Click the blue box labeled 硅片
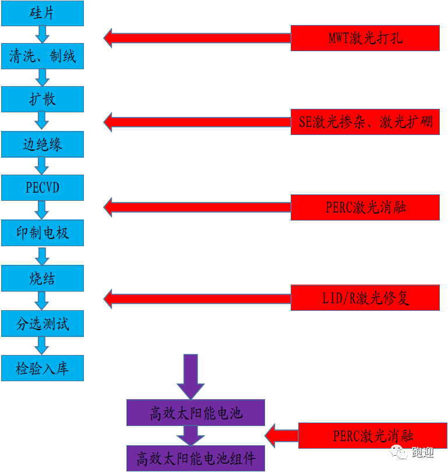pos(43,13)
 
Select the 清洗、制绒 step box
pos(43,56)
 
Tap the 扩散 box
pos(43,100)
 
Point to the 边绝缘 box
pos(43,144)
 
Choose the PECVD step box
pos(43,188)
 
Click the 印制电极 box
pos(43,233)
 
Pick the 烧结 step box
pos(43,278)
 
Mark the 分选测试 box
pos(43,324)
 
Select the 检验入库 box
pos(43,368)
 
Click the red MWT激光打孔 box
pos(365,38)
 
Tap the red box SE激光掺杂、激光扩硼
pos(365,122)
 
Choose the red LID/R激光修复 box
pos(365,298)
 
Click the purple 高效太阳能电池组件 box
pos(196,458)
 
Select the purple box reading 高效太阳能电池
pos(196,413)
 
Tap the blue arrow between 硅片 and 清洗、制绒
pos(42,34)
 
